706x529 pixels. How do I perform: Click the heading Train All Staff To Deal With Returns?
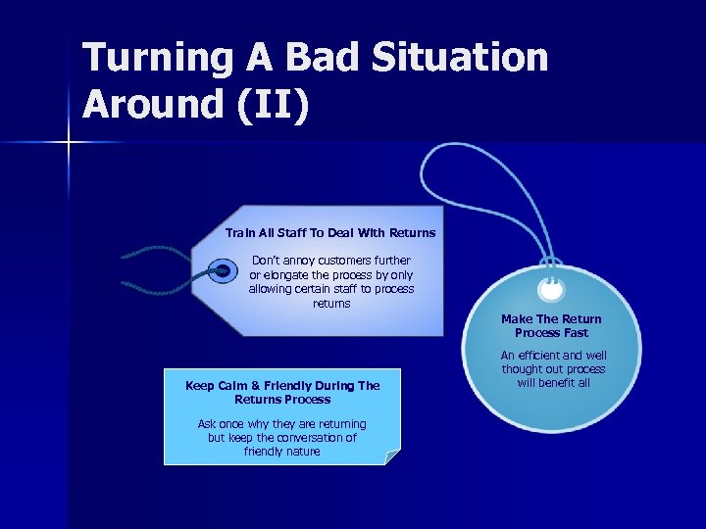[x=330, y=233]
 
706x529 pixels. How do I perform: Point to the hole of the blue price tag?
[x=223, y=269]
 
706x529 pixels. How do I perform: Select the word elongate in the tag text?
[x=298, y=275]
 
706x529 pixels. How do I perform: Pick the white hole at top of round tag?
[x=551, y=290]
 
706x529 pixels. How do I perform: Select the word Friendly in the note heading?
[x=293, y=386]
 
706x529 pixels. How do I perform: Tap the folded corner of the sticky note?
[x=392, y=457]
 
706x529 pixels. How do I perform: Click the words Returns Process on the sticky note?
[x=282, y=400]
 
